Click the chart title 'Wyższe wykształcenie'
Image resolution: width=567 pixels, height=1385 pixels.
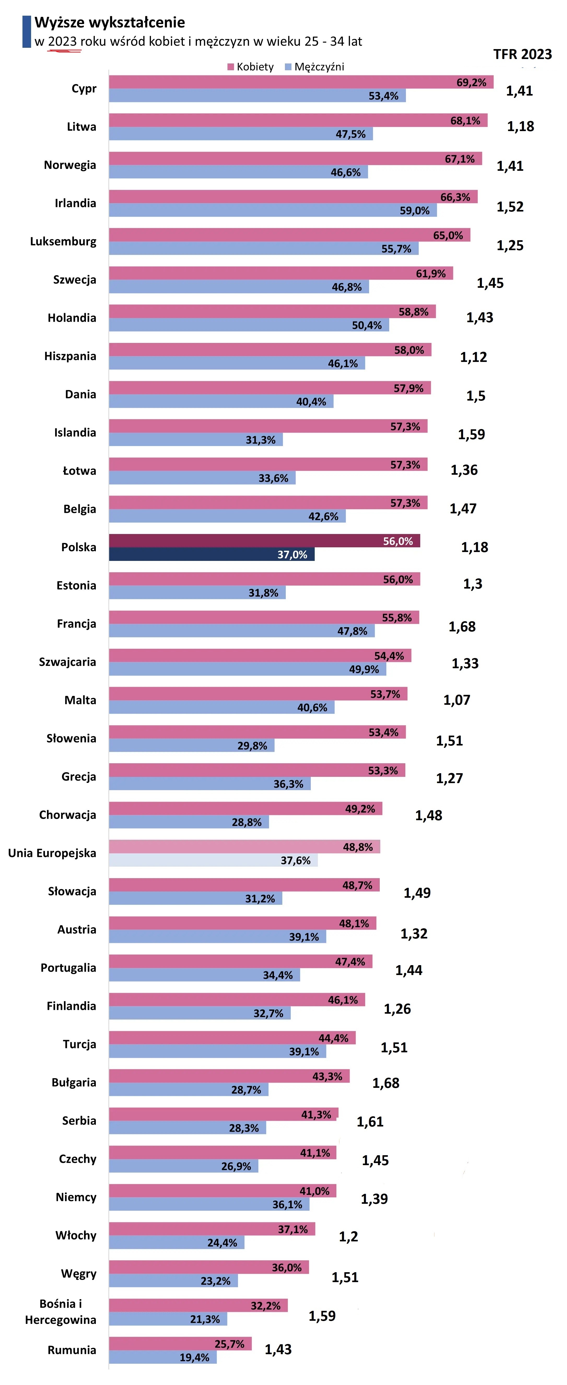click(x=110, y=22)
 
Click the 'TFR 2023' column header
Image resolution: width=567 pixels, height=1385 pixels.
click(x=522, y=54)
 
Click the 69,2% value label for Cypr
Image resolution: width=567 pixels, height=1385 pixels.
click(x=471, y=82)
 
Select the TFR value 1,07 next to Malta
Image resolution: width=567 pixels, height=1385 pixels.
click(x=457, y=700)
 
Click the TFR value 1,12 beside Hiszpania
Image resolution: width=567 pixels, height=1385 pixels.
click(x=474, y=357)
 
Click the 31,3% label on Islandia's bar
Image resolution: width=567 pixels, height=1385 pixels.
click(x=260, y=440)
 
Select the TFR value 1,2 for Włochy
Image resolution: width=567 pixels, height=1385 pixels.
click(x=348, y=1237)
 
